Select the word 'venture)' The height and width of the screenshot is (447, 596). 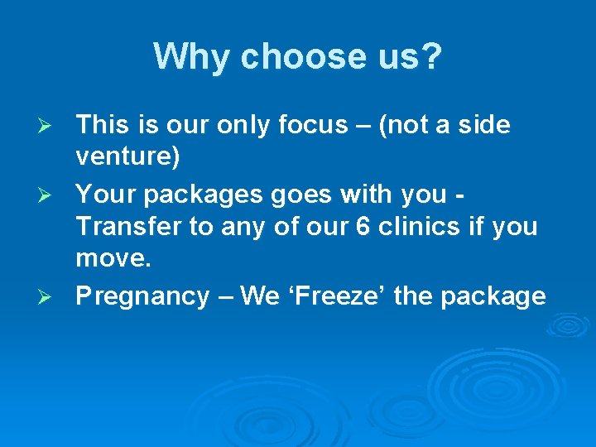click(x=127, y=156)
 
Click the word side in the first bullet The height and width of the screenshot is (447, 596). click(x=483, y=125)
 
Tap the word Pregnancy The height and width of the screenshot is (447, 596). click(x=142, y=296)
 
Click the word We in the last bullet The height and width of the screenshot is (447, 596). click(x=260, y=296)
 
